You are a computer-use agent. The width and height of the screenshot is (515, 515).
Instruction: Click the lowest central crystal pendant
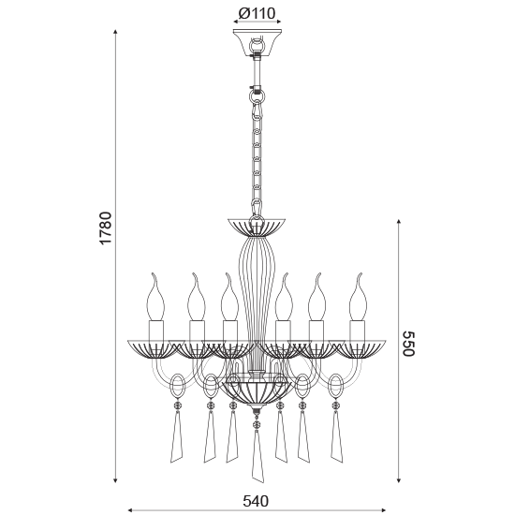pos(256,458)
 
